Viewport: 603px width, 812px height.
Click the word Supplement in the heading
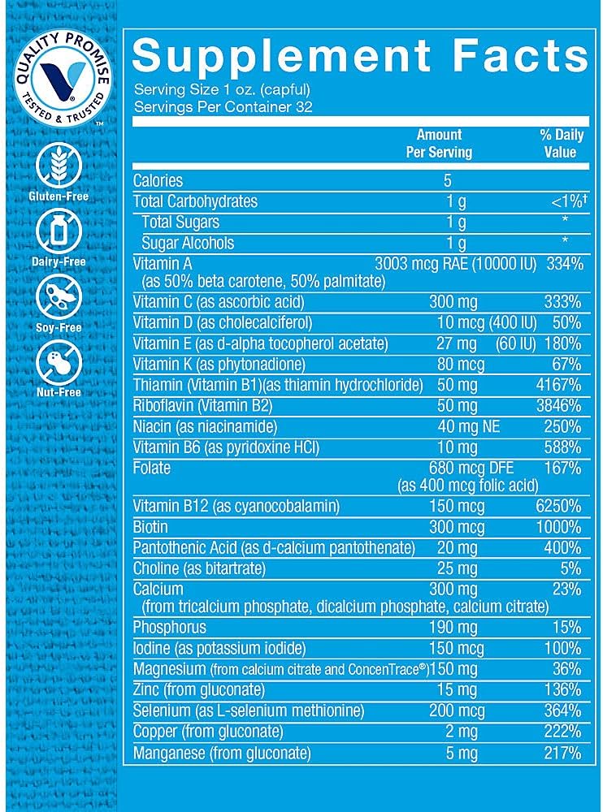coord(280,56)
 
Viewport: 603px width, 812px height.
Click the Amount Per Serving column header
coord(439,143)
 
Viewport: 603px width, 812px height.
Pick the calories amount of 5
coord(447,180)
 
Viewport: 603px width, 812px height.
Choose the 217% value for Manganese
coord(562,754)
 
